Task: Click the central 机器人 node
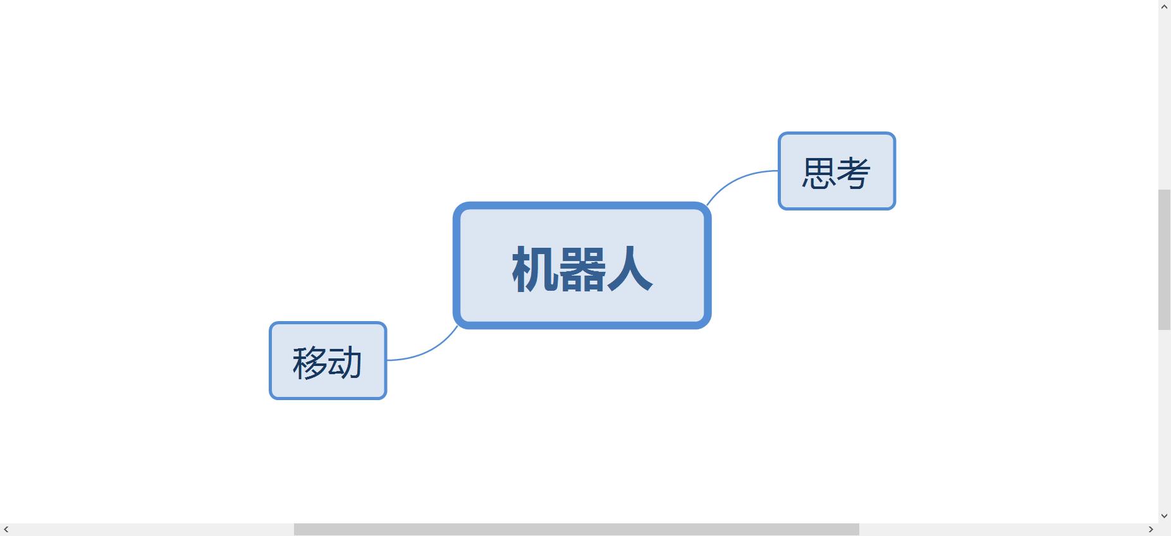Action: [x=582, y=265]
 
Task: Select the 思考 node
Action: [x=837, y=171]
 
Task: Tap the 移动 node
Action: [x=328, y=361]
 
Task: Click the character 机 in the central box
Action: [x=536, y=269]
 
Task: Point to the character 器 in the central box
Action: [x=582, y=269]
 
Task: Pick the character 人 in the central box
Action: [x=630, y=269]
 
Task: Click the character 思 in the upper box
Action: [x=819, y=173]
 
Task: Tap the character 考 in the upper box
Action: [x=854, y=173]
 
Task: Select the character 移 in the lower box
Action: [x=309, y=363]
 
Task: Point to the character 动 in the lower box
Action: [x=345, y=363]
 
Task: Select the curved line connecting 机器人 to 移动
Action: [x=427, y=351]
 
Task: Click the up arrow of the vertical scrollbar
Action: [x=1164, y=6]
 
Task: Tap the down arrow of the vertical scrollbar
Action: [x=1164, y=516]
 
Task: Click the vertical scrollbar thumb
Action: [x=1164, y=259]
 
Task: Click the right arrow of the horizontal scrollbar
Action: [x=1151, y=529]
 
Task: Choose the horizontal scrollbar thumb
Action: [x=576, y=529]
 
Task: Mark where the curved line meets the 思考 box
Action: [x=778, y=171]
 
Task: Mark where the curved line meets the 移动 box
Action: [x=386, y=360]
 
